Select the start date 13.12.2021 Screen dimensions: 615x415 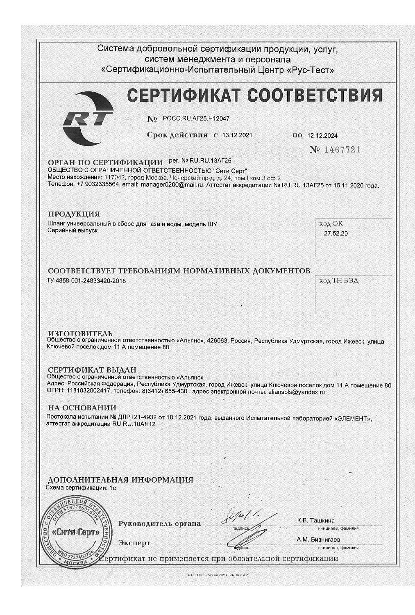237,135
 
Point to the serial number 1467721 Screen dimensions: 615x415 342,150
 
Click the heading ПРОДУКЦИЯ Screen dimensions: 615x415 74,214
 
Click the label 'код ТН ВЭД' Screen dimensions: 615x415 338,281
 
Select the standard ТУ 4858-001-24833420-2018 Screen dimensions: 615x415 87,281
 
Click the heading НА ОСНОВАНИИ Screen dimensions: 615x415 82,408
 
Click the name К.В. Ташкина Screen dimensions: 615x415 315,520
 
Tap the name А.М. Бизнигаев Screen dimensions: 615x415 318,539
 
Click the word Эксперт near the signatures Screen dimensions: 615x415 134,543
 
